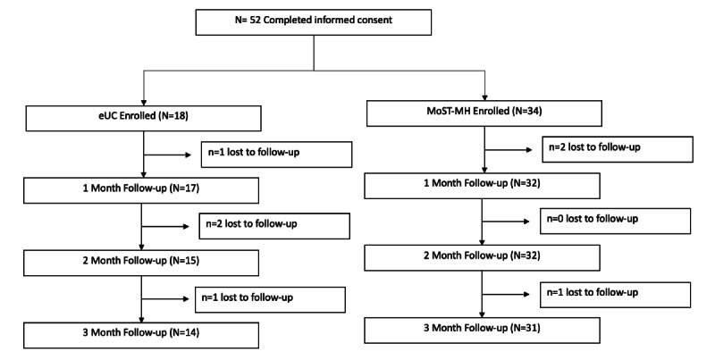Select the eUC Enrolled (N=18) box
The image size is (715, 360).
(x=143, y=118)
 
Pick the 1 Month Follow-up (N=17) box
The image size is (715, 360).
(x=143, y=189)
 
